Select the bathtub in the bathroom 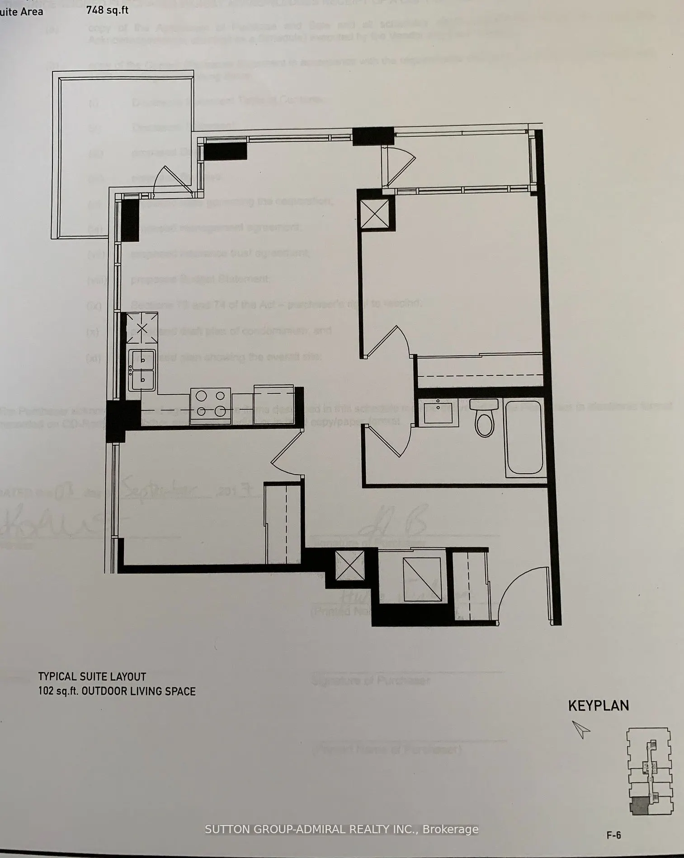pos(524,438)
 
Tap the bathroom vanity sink pos(438,412)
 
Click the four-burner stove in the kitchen pos(210,405)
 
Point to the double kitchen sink pos(142,370)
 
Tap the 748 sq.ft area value pos(107,9)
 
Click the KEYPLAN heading pos(598,706)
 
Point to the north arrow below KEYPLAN pos(581,729)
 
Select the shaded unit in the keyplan pos(638,806)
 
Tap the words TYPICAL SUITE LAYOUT pos(92,676)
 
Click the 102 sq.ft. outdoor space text pos(117,691)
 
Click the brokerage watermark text pos(341,829)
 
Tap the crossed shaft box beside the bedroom pos(374,214)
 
